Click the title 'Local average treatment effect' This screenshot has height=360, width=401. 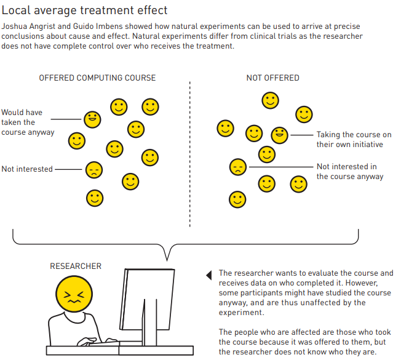coord(84,10)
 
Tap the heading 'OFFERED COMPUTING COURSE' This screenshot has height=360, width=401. coord(97,78)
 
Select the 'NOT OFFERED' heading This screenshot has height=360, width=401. coord(272,78)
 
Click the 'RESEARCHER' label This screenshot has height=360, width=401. coord(76,266)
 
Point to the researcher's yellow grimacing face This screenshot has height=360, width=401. coord(74,294)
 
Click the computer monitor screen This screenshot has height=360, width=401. coord(147,299)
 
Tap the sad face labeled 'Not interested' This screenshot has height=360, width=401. coord(94,170)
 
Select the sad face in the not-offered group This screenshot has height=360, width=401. coord(238,167)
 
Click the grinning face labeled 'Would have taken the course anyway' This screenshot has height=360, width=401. coord(92,119)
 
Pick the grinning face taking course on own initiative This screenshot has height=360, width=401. coord(279,135)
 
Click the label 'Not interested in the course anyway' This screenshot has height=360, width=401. coord(350,172)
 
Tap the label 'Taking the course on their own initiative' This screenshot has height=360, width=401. coord(354,140)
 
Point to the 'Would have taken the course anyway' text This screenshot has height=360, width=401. coord(28,122)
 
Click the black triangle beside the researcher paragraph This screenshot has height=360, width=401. coord(209,275)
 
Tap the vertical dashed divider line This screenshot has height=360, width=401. coord(190,154)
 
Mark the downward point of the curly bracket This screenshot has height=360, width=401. coord(167,261)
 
